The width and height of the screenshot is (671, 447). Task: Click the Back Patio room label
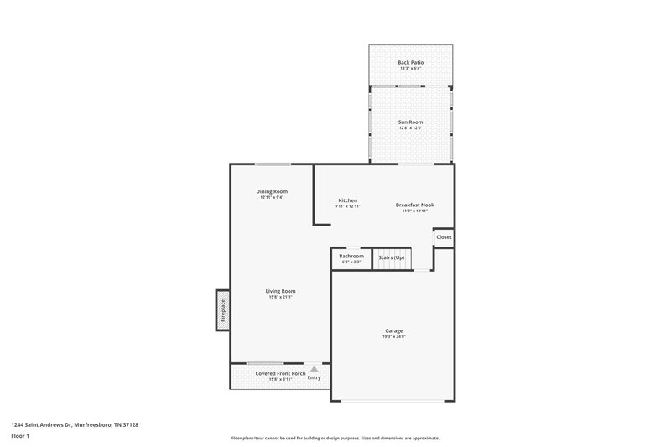click(x=410, y=63)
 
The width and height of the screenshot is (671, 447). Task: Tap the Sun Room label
click(x=410, y=122)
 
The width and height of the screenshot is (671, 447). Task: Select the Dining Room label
click(x=272, y=191)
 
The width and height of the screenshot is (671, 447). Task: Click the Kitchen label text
click(x=348, y=200)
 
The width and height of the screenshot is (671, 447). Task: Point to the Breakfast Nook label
click(x=415, y=205)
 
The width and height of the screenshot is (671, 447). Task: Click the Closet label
click(x=444, y=237)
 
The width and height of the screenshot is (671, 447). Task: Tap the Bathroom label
click(x=351, y=256)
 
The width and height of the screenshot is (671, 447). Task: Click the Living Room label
click(x=280, y=291)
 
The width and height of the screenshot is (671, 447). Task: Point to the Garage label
click(x=393, y=331)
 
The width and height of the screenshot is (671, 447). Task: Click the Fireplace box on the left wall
click(x=223, y=310)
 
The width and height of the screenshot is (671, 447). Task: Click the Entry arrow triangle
click(x=315, y=368)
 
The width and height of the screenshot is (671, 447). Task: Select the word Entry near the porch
click(x=315, y=377)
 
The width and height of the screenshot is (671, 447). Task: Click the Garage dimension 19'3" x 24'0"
click(x=393, y=337)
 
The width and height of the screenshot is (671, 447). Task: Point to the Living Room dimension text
click(x=280, y=297)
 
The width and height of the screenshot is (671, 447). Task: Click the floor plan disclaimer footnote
click(x=335, y=438)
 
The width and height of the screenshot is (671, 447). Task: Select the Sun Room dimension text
click(x=410, y=127)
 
